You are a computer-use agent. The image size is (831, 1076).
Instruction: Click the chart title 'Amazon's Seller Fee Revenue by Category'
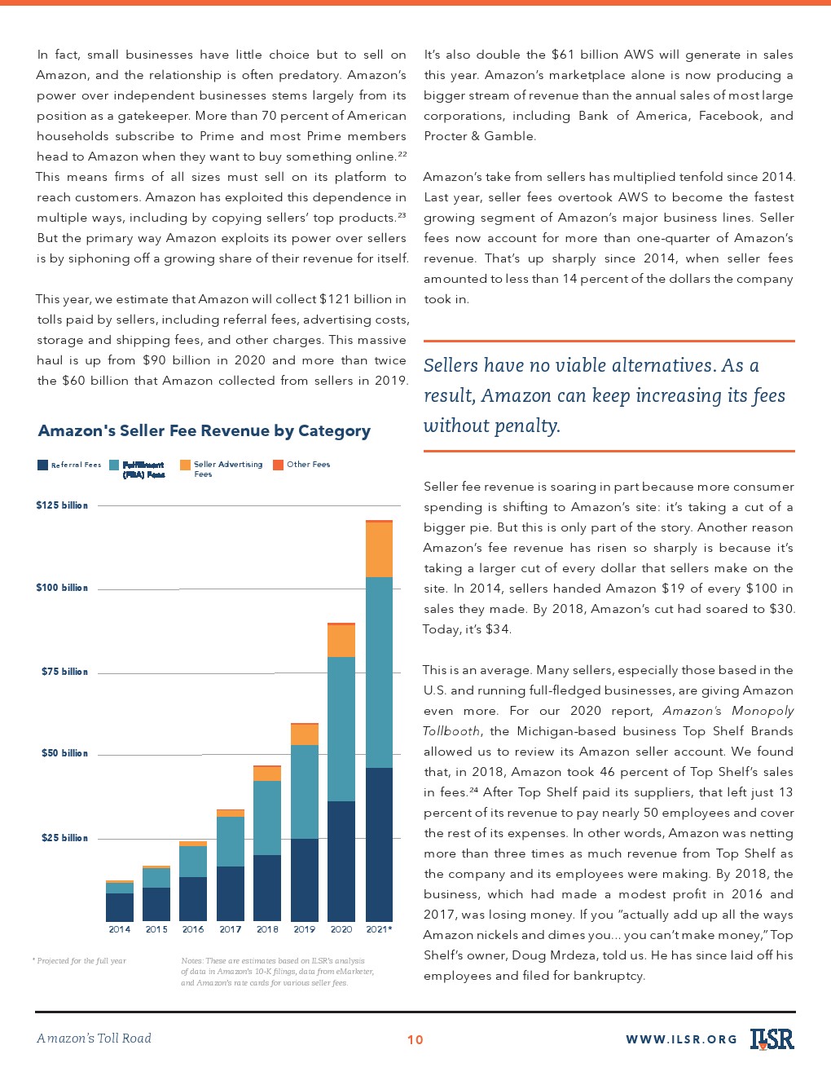[x=204, y=431]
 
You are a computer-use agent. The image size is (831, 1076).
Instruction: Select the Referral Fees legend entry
[x=69, y=465]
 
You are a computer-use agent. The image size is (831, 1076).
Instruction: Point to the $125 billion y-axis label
[x=62, y=505]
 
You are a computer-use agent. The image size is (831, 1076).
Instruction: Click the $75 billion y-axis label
[x=64, y=672]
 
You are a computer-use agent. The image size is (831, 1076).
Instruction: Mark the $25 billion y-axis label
[x=64, y=838]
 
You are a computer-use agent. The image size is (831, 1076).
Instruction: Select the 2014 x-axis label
[x=120, y=929]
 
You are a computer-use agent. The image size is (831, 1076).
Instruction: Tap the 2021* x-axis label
[x=379, y=929]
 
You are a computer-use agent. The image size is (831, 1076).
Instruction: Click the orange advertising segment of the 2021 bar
[x=379, y=549]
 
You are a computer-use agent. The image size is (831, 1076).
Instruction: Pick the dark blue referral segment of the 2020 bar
[x=341, y=861]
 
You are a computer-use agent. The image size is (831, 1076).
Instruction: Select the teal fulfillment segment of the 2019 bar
[x=305, y=792]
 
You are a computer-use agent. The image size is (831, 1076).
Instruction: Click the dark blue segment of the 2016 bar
[x=193, y=899]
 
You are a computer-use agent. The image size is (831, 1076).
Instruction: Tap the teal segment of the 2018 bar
[x=267, y=818]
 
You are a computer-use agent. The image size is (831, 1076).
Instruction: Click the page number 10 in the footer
[x=415, y=1039]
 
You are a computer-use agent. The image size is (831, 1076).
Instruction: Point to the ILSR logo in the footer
[x=772, y=1039]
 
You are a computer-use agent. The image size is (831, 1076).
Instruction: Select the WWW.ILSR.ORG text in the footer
[x=681, y=1039]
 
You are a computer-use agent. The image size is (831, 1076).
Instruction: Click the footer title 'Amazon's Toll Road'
[x=95, y=1039]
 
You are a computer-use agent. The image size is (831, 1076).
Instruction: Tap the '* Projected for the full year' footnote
[x=79, y=961]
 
